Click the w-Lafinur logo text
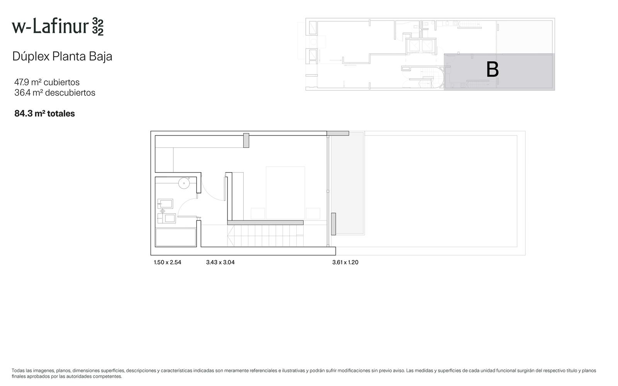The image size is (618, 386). coord(58,27)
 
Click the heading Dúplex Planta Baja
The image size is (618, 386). coord(62,56)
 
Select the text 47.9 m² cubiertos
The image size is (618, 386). coord(47,82)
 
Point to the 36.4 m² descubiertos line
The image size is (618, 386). coord(54,93)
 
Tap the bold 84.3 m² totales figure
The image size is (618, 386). coord(44,113)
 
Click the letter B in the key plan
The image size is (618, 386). coord(492,69)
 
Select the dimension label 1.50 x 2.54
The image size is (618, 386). coord(168,262)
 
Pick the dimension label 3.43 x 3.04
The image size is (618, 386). coord(220,262)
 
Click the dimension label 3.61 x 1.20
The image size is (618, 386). coord(345,262)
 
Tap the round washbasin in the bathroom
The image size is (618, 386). coord(184,183)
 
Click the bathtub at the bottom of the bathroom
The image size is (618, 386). coord(176,237)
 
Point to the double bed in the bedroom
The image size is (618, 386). coord(285,193)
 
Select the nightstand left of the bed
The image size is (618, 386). coord(258,214)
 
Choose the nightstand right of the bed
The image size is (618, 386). coord(313,214)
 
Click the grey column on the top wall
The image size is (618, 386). coord(246,141)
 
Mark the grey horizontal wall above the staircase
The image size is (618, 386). coord(265,222)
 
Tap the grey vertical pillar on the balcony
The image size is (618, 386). coord(334,224)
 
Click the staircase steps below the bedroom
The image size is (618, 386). coord(265,236)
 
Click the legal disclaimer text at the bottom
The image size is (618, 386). coord(304,373)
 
